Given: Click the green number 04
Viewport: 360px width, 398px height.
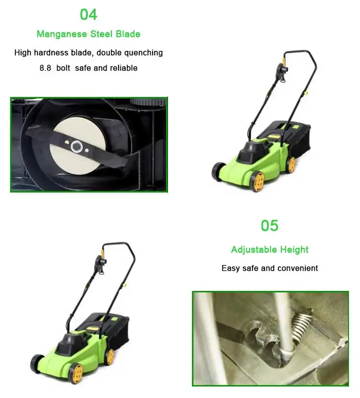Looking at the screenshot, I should (x=88, y=14).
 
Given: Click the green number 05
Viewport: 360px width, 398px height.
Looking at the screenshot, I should (x=269, y=226).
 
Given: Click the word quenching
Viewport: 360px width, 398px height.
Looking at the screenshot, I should (x=143, y=53).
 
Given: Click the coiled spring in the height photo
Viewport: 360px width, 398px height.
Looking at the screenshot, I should (x=300, y=321).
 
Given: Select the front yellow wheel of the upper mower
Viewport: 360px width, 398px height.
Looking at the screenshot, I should (x=257, y=181).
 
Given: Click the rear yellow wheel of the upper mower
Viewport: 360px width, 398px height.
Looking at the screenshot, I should (x=290, y=164).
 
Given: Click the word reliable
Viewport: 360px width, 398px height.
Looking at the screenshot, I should (x=124, y=68).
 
